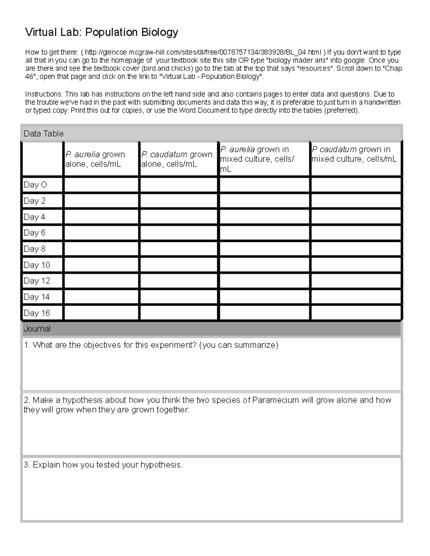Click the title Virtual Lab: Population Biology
pyautogui.click(x=101, y=33)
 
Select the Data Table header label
pyautogui.click(x=43, y=134)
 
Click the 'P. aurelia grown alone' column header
pyautogui.click(x=95, y=159)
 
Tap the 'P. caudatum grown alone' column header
pyautogui.click(x=177, y=159)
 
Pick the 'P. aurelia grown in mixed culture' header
pyautogui.click(x=257, y=159)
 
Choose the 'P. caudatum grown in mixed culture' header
pyautogui.click(x=354, y=154)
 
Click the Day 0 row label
pyautogui.click(x=35, y=185)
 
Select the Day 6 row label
pyautogui.click(x=34, y=233)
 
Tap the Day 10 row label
pyautogui.click(x=37, y=265)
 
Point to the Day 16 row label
pyautogui.click(x=37, y=313)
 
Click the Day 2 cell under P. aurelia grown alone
pyautogui.click(x=101, y=201)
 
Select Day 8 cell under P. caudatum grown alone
pyautogui.click(x=178, y=249)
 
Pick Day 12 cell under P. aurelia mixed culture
pyautogui.click(x=264, y=281)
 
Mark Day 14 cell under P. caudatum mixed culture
pyautogui.click(x=356, y=297)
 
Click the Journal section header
pyautogui.click(x=37, y=329)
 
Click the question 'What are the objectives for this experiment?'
pyautogui.click(x=151, y=345)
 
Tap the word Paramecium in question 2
pyautogui.click(x=275, y=400)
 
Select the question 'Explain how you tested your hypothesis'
pyautogui.click(x=103, y=465)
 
